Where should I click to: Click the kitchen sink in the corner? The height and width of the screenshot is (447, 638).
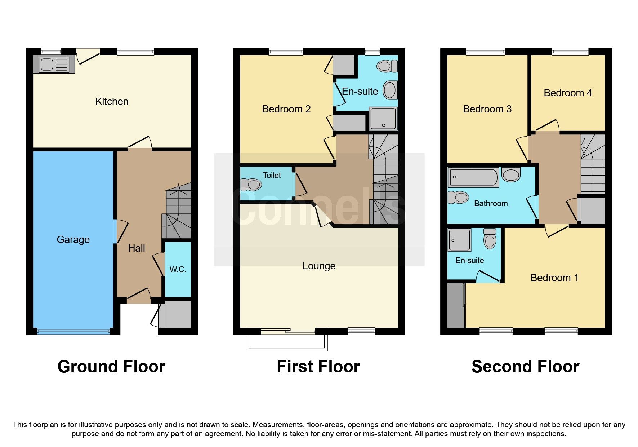pos(54,65)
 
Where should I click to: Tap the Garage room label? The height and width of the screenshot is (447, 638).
pos(73,240)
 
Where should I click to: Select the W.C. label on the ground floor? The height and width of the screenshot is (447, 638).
pos(178,270)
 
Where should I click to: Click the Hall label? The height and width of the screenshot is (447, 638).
pos(137,248)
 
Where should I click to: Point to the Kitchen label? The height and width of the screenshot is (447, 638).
pos(112,102)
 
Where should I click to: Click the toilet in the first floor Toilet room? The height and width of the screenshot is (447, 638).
pos(251,185)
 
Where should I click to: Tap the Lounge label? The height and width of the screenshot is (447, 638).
pos(319,266)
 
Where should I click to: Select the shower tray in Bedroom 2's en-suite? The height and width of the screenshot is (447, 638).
pos(383,119)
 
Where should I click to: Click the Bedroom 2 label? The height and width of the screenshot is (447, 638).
pos(286,109)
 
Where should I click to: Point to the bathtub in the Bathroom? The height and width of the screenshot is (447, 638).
pos(474,177)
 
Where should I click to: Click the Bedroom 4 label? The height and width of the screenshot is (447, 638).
pos(568,93)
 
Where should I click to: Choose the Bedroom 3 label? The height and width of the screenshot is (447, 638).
pos(487,109)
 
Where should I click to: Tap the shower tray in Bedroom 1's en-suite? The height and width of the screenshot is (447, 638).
pos(459,240)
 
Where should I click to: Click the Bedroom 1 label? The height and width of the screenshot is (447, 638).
pos(554,278)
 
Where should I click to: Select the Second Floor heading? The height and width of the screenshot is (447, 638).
pos(525,367)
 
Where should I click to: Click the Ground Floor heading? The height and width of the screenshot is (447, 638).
pos(111,367)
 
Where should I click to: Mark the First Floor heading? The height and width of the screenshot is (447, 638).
pos(318,367)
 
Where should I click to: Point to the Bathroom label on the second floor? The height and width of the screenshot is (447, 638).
pos(491,204)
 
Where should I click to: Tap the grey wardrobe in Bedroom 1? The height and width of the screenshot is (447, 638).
pos(456,305)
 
